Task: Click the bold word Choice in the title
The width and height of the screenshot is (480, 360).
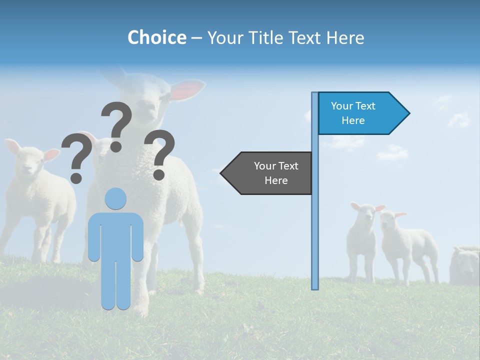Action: click(156, 37)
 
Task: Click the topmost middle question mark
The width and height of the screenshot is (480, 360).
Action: click(117, 125)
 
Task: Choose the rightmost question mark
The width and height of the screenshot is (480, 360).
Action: click(159, 154)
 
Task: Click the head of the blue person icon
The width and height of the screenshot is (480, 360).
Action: click(116, 198)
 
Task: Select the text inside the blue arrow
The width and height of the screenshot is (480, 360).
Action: click(353, 113)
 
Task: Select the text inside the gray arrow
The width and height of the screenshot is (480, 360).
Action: click(276, 173)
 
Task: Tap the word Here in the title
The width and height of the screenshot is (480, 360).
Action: click(345, 37)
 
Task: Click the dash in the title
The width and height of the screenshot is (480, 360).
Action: click(196, 38)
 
